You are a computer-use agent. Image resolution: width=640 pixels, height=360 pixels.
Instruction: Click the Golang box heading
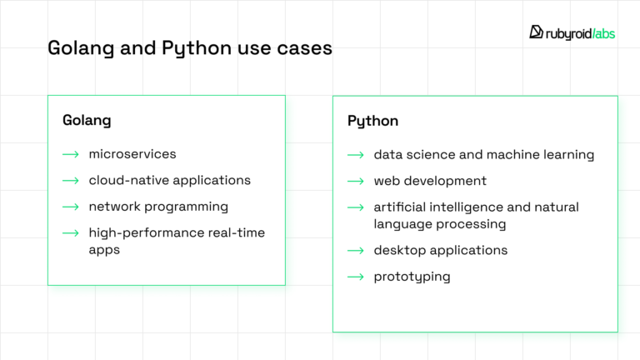point(87,120)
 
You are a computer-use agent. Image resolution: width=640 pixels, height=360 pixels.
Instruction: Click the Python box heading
point(372,121)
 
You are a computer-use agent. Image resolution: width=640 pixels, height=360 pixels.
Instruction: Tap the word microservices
point(132,154)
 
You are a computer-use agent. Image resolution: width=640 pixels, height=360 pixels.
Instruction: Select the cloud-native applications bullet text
point(169,180)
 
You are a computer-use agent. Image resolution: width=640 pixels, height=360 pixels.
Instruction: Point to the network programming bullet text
point(158,206)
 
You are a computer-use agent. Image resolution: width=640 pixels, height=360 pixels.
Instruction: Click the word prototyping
point(412,277)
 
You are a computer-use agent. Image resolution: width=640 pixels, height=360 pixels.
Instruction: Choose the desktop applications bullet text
point(440,250)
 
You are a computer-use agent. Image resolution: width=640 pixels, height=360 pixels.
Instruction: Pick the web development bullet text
point(430,181)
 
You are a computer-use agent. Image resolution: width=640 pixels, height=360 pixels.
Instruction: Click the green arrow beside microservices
point(71,154)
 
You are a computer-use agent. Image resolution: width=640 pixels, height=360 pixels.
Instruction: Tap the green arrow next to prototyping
point(356,277)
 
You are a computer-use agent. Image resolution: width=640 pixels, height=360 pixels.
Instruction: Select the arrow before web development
point(356,181)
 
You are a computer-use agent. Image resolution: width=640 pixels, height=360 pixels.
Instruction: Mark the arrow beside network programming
point(71,206)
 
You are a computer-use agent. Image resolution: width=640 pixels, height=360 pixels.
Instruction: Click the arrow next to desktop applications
point(356,250)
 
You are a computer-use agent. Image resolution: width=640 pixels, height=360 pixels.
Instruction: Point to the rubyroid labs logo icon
point(537,32)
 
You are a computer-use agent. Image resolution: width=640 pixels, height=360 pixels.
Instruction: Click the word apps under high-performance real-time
point(104,249)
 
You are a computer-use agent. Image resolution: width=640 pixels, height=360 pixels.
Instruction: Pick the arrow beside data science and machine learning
point(356,155)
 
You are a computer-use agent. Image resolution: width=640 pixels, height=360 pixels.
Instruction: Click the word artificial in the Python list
point(399,207)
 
